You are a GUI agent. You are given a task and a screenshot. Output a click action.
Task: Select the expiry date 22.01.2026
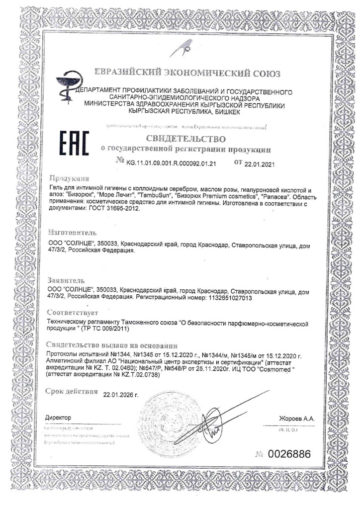click(x=120, y=395)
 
